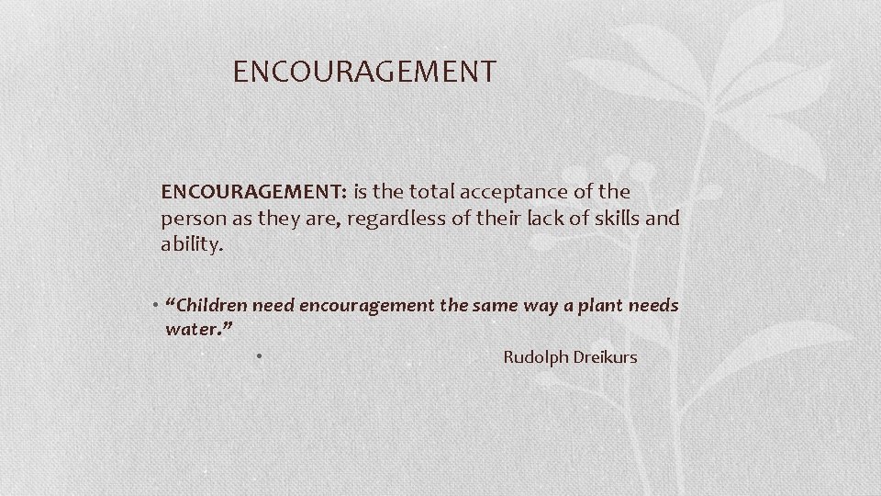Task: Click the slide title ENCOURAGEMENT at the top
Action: coord(364,71)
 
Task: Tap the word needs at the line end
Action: coord(654,305)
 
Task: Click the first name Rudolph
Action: coord(535,356)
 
